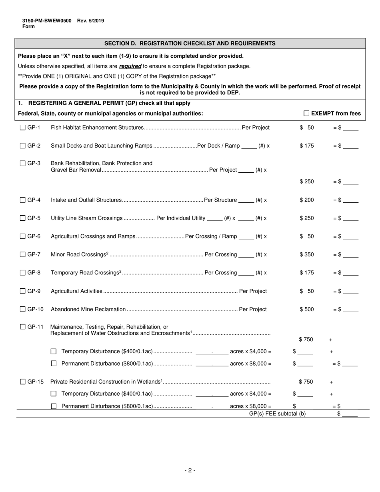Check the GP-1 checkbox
click(x=23, y=128)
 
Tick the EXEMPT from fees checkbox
click(x=306, y=114)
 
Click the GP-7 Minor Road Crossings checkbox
click(x=23, y=254)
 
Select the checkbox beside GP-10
click(x=23, y=309)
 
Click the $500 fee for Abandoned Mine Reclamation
click(x=307, y=309)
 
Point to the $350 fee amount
click(x=307, y=254)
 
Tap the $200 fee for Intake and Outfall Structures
click(x=307, y=200)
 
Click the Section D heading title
click(x=190, y=43)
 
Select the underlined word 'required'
click(x=130, y=66)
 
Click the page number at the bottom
click(x=190, y=470)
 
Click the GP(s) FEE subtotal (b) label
click(x=277, y=414)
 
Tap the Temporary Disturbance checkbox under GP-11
click(x=54, y=352)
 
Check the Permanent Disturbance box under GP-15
click(x=54, y=406)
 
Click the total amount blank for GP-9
click(x=350, y=292)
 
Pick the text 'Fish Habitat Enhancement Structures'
click(x=97, y=128)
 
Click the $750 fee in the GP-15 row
click(x=306, y=382)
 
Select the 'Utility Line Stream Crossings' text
click(x=86, y=218)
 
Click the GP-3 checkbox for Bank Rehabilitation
click(x=23, y=163)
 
